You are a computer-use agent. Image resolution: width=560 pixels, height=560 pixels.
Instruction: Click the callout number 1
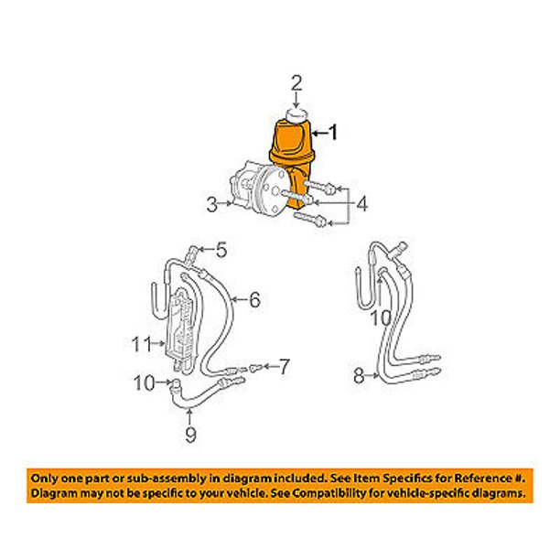tap(333, 133)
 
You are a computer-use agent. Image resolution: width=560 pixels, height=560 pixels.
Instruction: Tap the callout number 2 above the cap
tap(296, 82)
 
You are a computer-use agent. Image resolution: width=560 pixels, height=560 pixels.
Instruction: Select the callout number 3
tap(212, 205)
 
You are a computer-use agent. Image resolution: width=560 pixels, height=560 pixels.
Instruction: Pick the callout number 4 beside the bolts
tap(361, 204)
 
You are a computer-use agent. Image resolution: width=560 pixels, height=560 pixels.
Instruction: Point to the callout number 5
tap(221, 250)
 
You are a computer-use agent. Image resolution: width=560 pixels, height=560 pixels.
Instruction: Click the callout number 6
tap(254, 299)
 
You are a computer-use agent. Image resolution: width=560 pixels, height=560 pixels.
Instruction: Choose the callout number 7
tap(284, 367)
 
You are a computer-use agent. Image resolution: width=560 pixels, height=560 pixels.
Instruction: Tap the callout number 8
tap(359, 376)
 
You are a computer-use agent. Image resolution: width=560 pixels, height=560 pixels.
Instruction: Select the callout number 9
tap(190, 436)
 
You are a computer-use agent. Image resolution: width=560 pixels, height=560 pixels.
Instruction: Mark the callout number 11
tap(142, 344)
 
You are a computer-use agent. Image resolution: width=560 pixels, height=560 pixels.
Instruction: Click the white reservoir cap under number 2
tap(297, 114)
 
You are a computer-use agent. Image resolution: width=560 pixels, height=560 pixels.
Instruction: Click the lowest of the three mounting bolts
tap(309, 219)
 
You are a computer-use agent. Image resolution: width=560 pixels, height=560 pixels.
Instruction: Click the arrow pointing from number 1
tap(320, 134)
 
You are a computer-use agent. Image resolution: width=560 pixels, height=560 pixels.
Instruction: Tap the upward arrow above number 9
tap(190, 417)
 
